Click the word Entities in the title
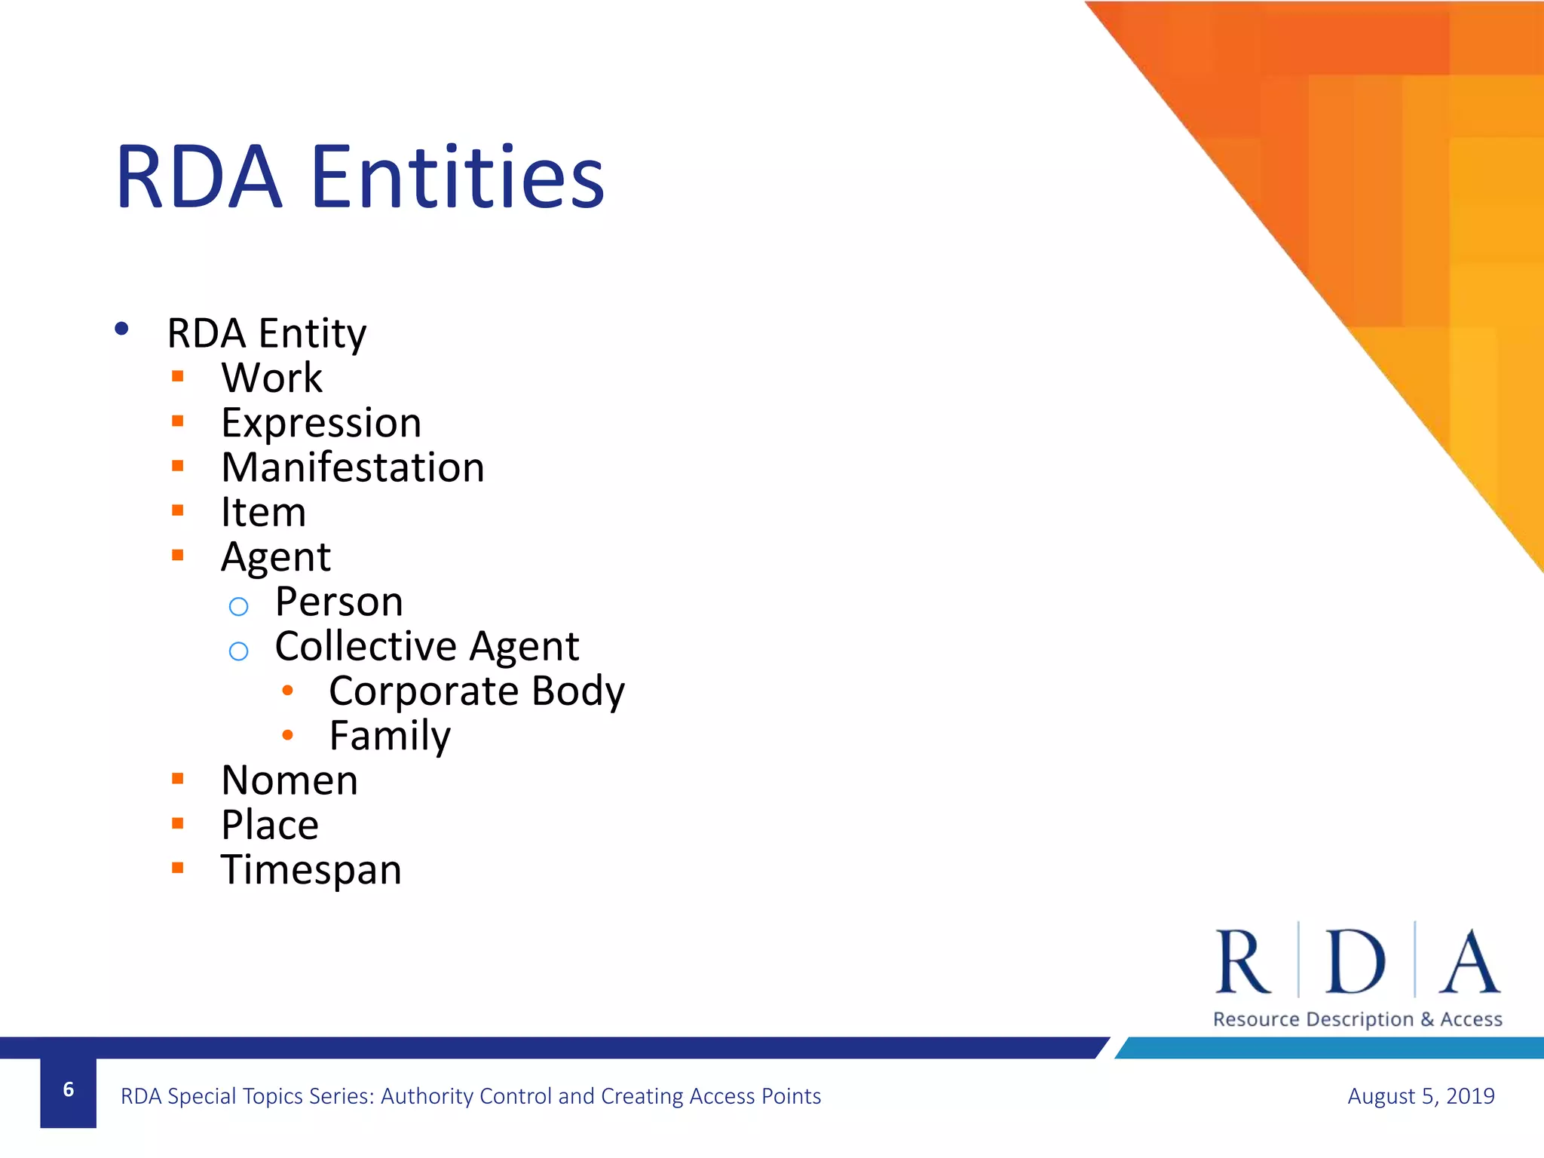[457, 178]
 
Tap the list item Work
[271, 378]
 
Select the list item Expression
[321, 423]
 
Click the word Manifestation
[353, 467]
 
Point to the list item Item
[263, 513]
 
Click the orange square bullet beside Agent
[178, 556]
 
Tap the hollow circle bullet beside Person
[238, 606]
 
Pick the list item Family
[390, 736]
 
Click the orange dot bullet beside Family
[287, 734]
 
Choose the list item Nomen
[289, 780]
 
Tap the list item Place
[270, 825]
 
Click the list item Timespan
[311, 870]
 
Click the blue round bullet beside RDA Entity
[121, 329]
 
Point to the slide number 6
[69, 1089]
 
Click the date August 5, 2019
[1420, 1095]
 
